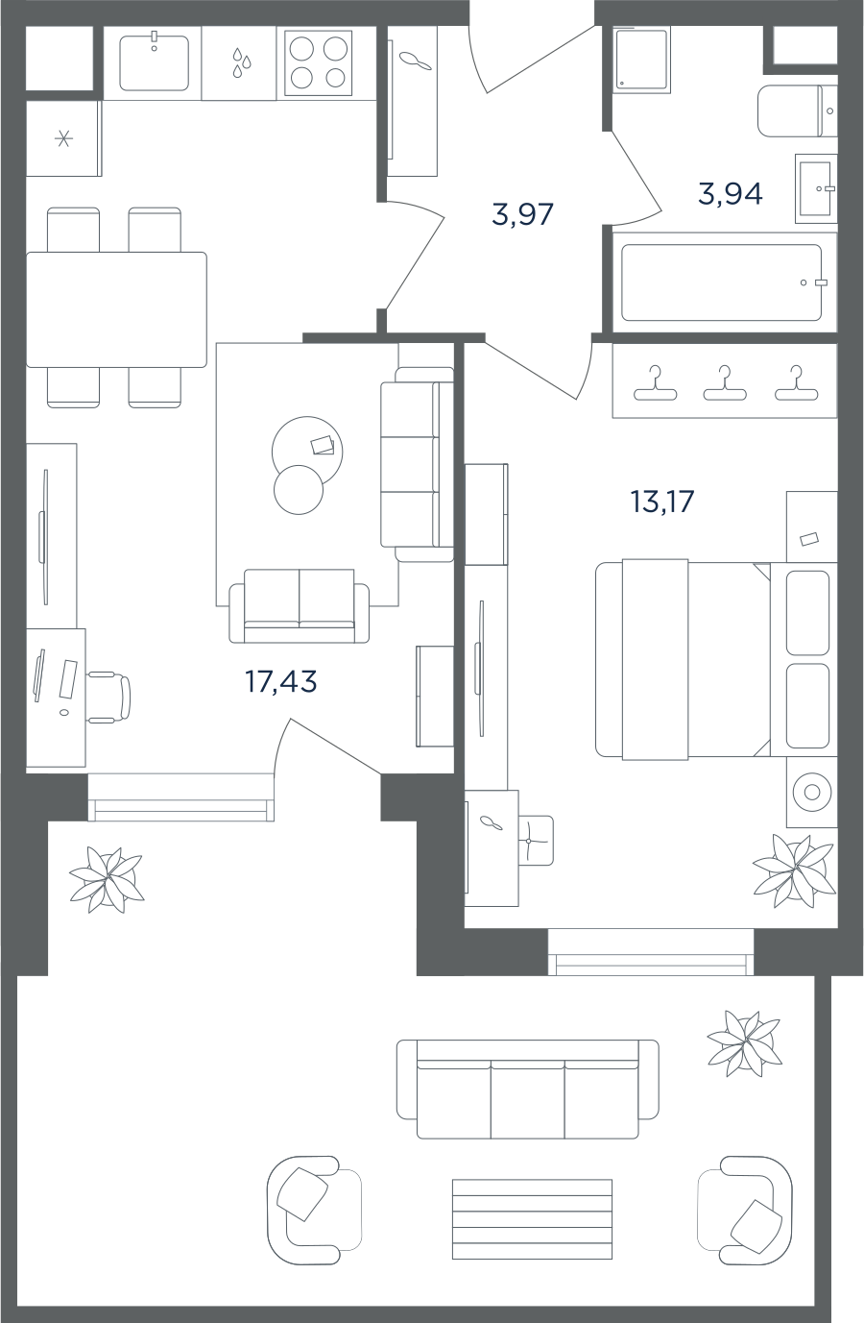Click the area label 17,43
point(281,681)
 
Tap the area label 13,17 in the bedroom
point(662,502)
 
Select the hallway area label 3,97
point(522,214)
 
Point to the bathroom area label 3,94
point(730,194)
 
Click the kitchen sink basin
point(154,63)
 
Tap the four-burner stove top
point(318,63)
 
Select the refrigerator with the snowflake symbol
point(63,138)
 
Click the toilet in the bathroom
point(797,111)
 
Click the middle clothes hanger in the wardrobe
point(725,384)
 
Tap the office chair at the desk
point(109,697)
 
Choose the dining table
point(116,309)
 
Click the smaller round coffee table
point(299,490)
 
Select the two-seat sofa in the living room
point(300,606)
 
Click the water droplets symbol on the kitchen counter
point(241,62)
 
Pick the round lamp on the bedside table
point(812,792)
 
